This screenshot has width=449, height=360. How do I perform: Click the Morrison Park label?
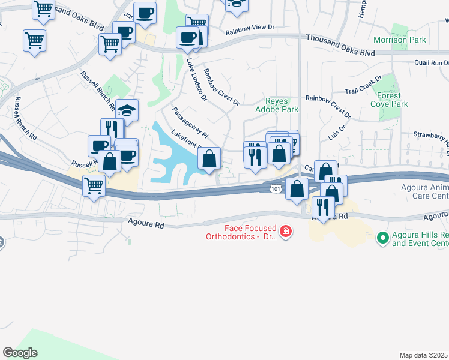pos(399,40)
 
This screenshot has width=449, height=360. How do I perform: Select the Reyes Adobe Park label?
pos(277,106)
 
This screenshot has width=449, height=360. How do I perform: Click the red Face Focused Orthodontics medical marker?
pos(286,231)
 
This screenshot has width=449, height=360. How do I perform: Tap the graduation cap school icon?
pos(127,110)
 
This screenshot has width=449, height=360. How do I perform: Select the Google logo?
pos(20,353)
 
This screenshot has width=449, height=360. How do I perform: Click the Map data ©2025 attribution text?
pos(423,355)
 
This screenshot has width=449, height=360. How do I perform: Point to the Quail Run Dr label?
pos(431,62)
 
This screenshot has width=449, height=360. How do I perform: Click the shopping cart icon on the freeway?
pos(94,186)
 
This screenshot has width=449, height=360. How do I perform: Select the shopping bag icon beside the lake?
pos(209,159)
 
